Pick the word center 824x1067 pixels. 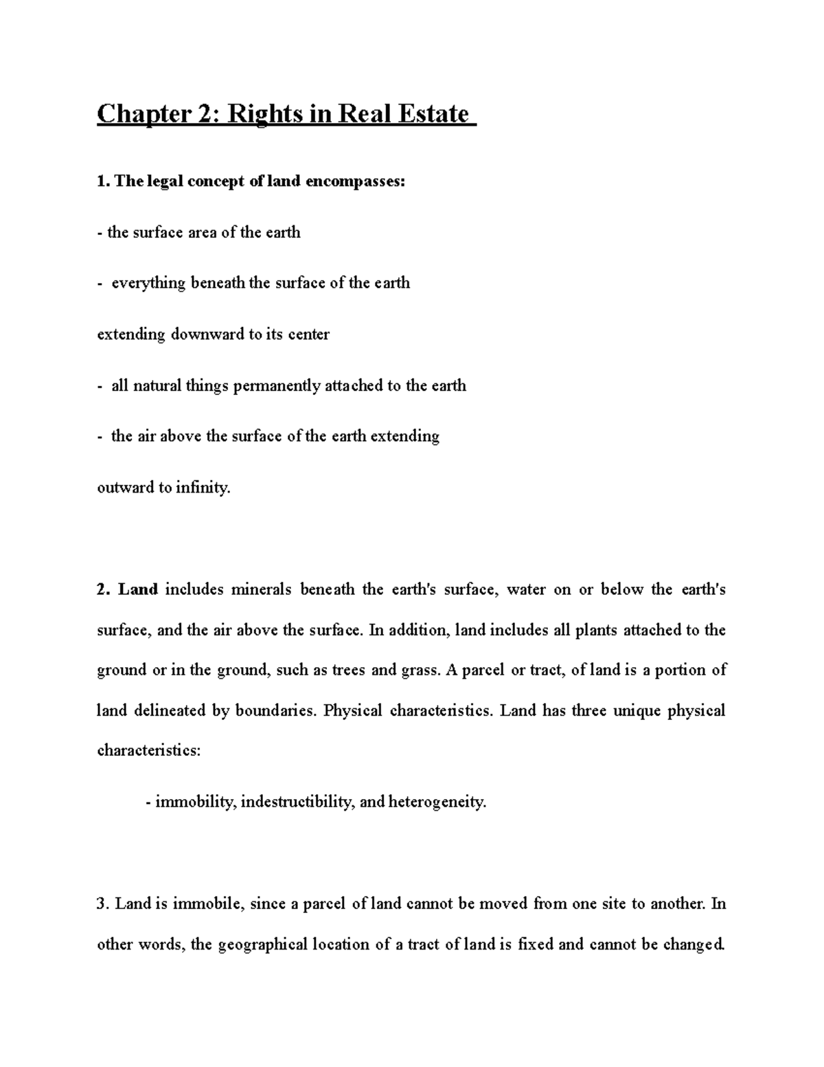tap(307, 335)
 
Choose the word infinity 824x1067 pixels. tap(203, 488)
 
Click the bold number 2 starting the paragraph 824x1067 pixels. tap(102, 589)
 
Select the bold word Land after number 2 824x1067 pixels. tap(138, 589)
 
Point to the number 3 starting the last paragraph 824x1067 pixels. tap(102, 903)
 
